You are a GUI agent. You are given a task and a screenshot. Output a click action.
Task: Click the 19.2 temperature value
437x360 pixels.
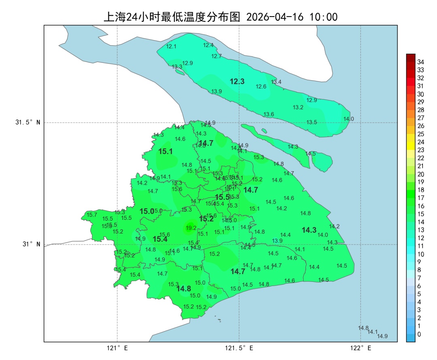[191, 228]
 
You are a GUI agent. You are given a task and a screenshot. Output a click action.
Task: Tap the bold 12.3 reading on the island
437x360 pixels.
[237, 81]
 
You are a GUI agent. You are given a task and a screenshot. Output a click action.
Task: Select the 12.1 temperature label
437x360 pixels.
[172, 47]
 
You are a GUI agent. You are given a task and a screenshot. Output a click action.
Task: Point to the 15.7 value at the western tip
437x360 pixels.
[92, 215]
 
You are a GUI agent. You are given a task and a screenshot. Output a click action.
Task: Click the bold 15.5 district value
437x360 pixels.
[223, 197]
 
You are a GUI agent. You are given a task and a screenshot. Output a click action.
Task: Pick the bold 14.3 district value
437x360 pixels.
[309, 230]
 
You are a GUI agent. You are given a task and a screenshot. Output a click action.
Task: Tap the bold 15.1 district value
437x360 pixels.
[165, 151]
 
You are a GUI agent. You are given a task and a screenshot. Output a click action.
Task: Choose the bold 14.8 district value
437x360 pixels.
[184, 289]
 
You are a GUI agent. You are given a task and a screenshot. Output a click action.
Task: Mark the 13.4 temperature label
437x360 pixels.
[276, 82]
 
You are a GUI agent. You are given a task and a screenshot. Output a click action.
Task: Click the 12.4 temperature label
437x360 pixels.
[208, 45]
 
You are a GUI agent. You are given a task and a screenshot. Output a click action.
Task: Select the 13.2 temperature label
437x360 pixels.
[298, 107]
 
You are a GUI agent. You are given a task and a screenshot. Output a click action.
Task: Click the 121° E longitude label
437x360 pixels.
[117, 348]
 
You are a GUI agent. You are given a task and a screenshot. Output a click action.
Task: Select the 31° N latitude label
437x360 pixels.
[31, 244]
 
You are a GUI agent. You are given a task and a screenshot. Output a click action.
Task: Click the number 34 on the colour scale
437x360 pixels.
[420, 62]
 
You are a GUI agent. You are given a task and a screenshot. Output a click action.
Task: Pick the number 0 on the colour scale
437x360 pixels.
[419, 334]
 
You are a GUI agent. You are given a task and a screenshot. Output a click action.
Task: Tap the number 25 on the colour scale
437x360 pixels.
[420, 134]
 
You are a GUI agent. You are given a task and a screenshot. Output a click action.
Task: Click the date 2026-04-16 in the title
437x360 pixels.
[276, 17]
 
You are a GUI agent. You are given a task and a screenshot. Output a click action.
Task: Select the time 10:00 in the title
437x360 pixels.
[324, 17]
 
